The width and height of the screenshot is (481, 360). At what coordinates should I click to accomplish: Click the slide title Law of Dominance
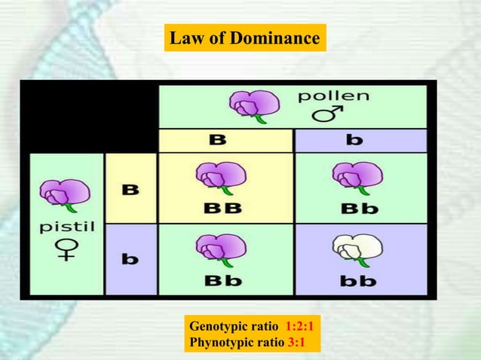[x=244, y=38]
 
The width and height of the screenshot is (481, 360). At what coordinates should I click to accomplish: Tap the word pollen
[x=333, y=96]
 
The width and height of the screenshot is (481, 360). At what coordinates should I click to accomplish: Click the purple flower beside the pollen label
[x=250, y=105]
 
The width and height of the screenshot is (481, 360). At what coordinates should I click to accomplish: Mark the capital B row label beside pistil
[x=130, y=189]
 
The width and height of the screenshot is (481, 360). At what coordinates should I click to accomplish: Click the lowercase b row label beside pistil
[x=130, y=259]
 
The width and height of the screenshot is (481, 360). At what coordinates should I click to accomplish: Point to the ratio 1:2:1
[x=300, y=327]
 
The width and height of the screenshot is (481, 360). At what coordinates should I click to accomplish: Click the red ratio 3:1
[x=300, y=343]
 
